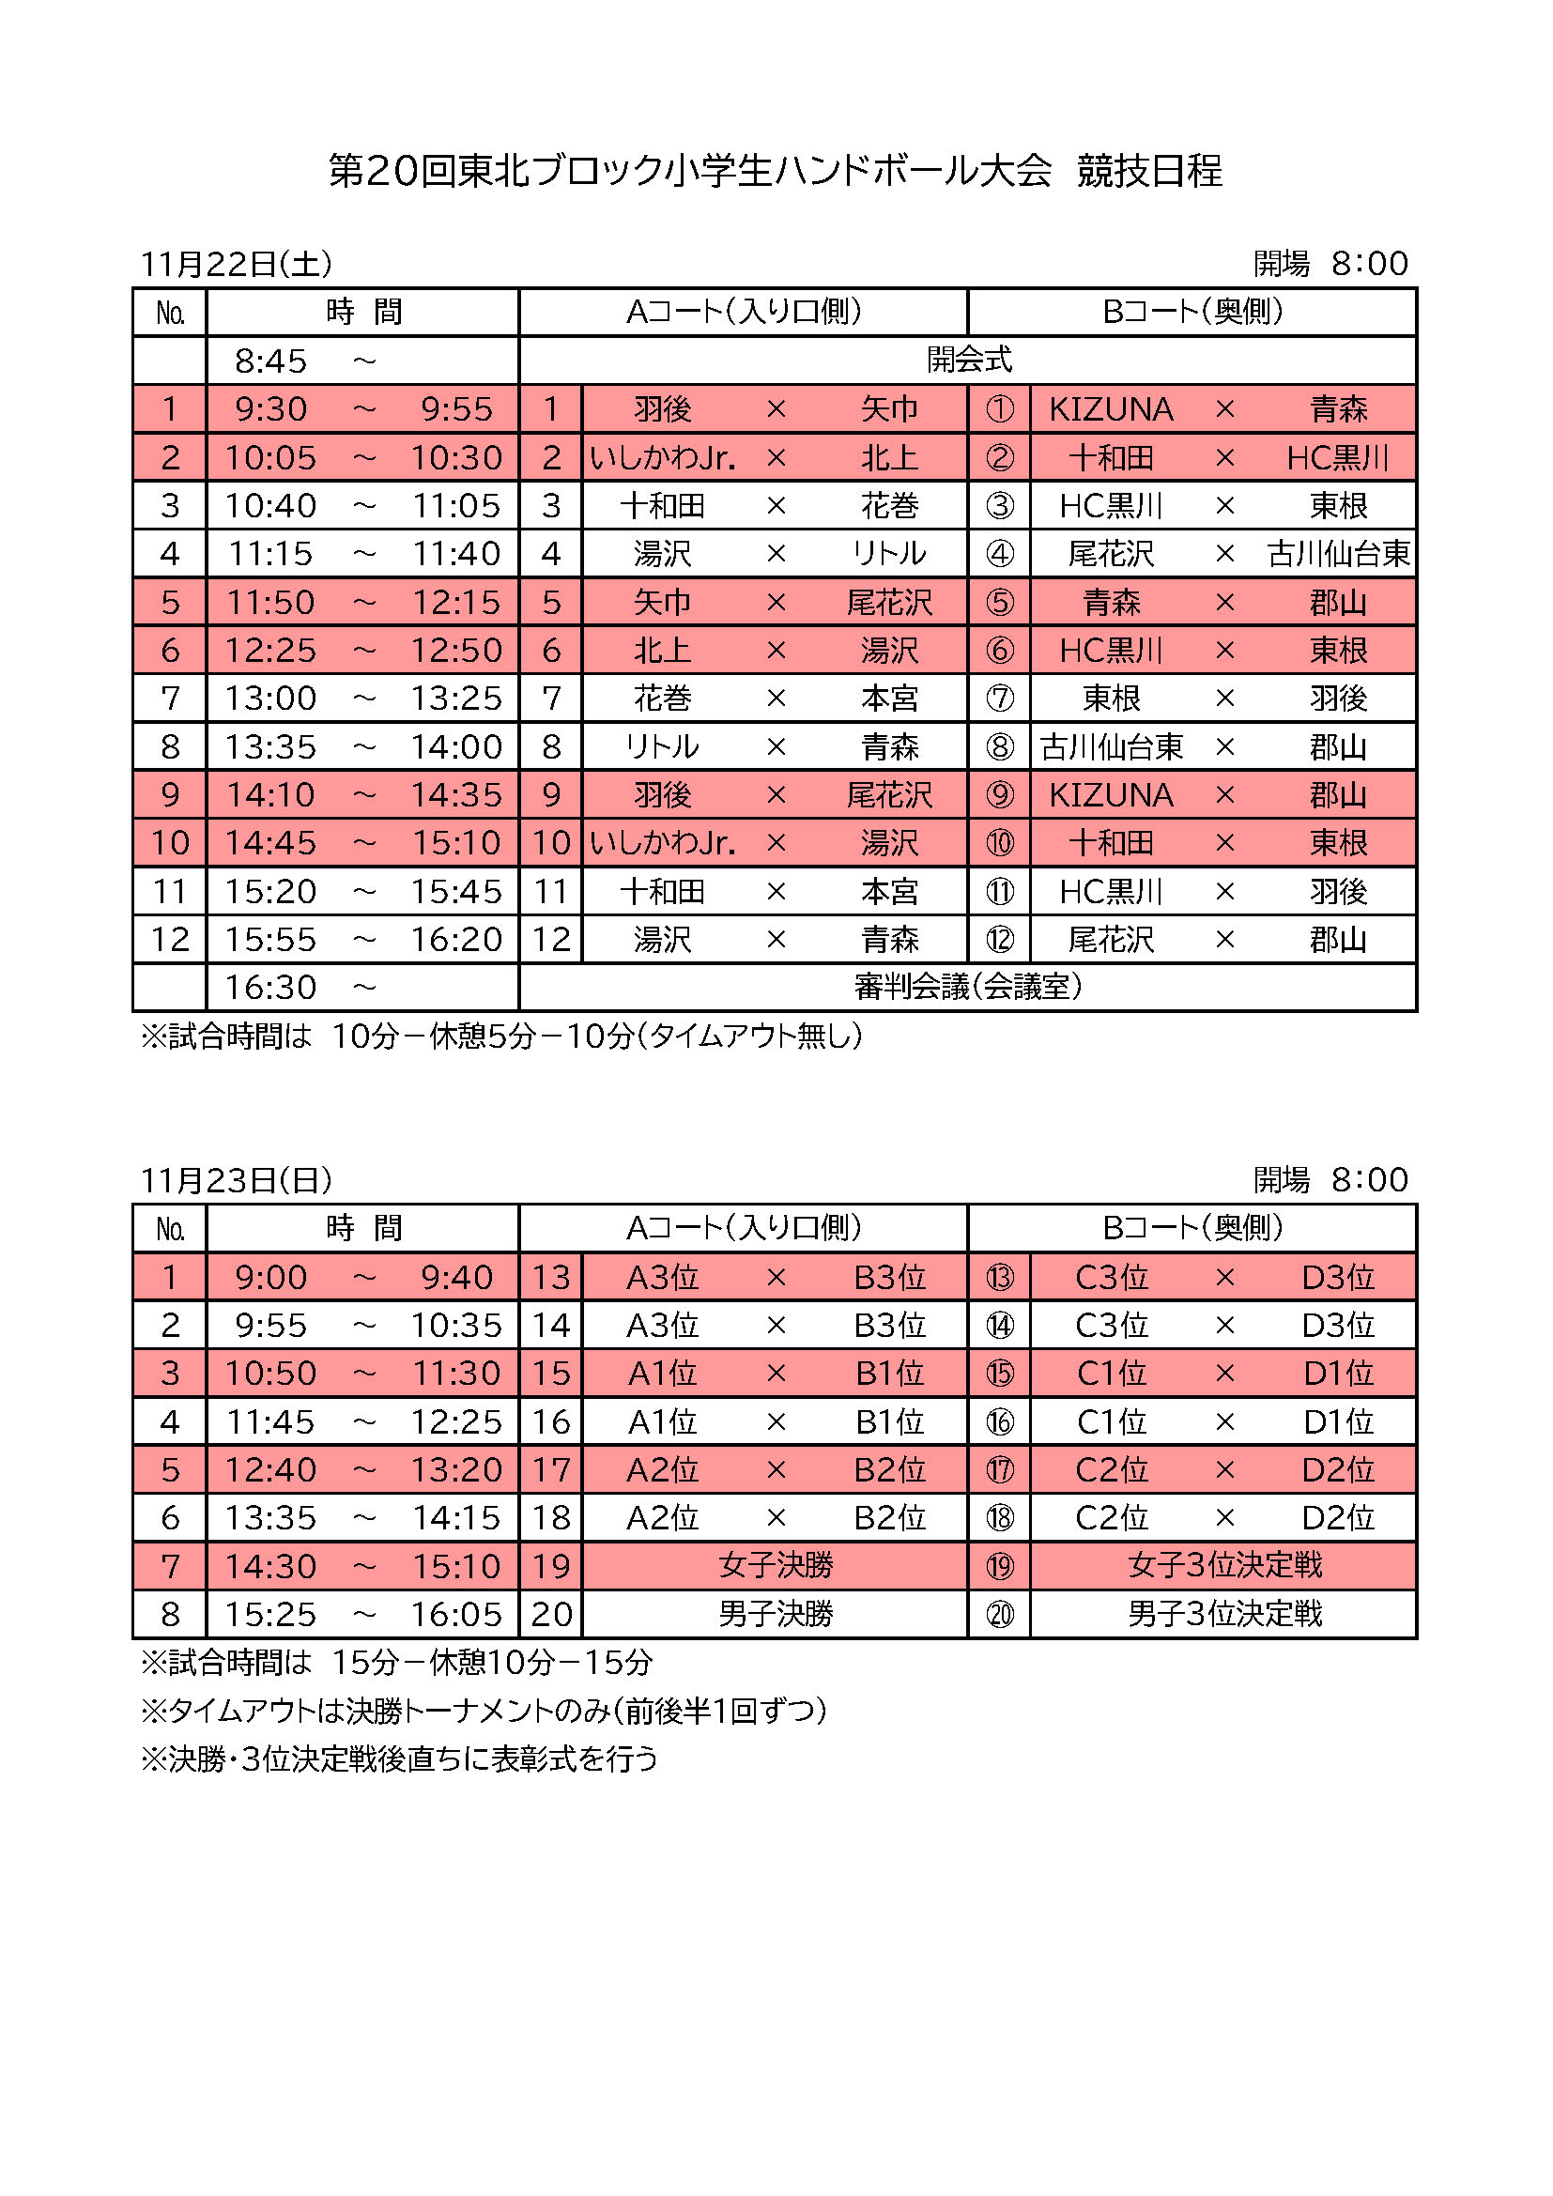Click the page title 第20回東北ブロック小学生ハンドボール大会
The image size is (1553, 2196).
pos(689,171)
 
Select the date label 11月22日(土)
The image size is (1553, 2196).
pos(237,264)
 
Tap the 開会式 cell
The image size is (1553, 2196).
pos(968,361)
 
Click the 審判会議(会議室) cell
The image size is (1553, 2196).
pos(968,987)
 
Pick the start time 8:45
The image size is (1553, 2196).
pos(270,361)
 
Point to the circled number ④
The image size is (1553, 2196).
pos(999,554)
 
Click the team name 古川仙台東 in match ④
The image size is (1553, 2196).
pos(1338,554)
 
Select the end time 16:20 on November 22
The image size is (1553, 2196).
pos(456,939)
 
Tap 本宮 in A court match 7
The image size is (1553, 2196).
pos(888,699)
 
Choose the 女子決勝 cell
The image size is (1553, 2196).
pos(776,1566)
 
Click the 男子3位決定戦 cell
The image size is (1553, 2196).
pos(1224,1615)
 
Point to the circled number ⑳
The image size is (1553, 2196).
pos(999,1615)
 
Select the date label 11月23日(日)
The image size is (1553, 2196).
pos(237,1180)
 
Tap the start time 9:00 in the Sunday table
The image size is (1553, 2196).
pos(270,1277)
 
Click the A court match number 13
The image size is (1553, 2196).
pos(551,1277)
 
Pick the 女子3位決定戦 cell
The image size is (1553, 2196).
pos(1224,1566)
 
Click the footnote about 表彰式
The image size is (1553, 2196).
pos(399,1758)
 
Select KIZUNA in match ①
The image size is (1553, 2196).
pos(1110,409)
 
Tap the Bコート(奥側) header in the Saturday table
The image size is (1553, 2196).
pos(1192,312)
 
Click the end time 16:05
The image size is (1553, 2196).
pos(456,1615)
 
